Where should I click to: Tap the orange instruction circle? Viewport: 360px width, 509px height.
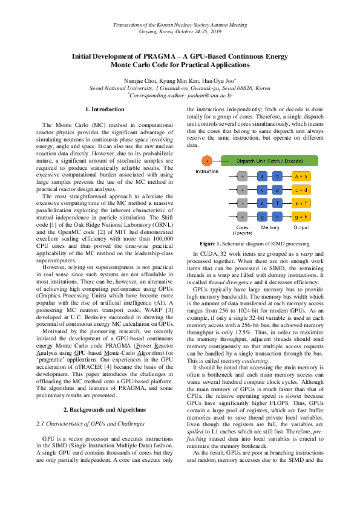tap(207, 161)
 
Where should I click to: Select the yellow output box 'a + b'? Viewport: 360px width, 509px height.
tap(301, 177)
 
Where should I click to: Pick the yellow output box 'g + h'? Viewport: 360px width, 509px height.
tap(301, 216)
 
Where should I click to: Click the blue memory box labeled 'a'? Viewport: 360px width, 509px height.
tap(262, 177)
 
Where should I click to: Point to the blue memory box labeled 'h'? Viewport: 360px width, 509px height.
tap(277, 216)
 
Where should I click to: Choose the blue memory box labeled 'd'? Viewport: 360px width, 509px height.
tap(277, 190)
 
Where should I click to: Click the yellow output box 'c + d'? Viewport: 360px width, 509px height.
tap(301, 190)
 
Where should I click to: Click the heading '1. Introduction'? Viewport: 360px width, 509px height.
tap(105, 109)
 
